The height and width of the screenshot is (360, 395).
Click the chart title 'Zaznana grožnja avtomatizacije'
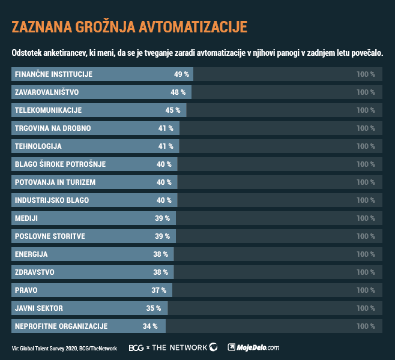point(129,28)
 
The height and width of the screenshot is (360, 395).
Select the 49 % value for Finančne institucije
point(181,74)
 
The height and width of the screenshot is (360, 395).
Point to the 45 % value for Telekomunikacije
point(173,110)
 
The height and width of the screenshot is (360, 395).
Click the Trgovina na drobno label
point(53,128)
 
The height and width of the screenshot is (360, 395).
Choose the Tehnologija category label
point(38,146)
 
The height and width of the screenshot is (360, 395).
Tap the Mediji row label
point(26,218)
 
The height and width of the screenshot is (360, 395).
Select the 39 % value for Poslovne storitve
point(162,236)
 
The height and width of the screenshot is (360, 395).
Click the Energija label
point(31,254)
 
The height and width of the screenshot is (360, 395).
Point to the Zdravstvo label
point(34,272)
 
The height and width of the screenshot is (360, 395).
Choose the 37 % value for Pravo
point(158,290)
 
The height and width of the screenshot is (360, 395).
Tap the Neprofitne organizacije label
point(61,326)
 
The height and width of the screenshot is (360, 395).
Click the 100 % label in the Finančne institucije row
point(365,74)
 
